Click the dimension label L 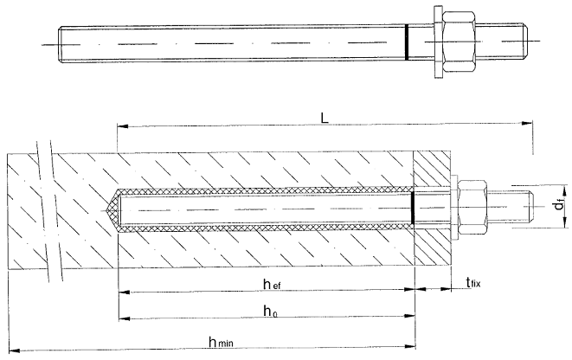click(x=325, y=118)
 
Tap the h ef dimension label click(x=272, y=284)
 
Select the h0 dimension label click(x=270, y=312)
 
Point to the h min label click(x=221, y=342)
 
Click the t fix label click(x=473, y=282)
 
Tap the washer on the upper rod click(x=438, y=42)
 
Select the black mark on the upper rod click(x=407, y=42)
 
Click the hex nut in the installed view click(x=472, y=207)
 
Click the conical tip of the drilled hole click(x=111, y=209)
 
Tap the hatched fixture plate click(x=432, y=209)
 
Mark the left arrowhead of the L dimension click(x=123, y=126)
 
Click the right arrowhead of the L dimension click(x=526, y=123)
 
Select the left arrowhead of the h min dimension click(x=14, y=351)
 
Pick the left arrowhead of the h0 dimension click(x=125, y=318)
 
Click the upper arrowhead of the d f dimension click(x=564, y=190)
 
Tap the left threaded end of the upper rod click(x=63, y=44)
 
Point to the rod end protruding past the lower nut click(x=511, y=207)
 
